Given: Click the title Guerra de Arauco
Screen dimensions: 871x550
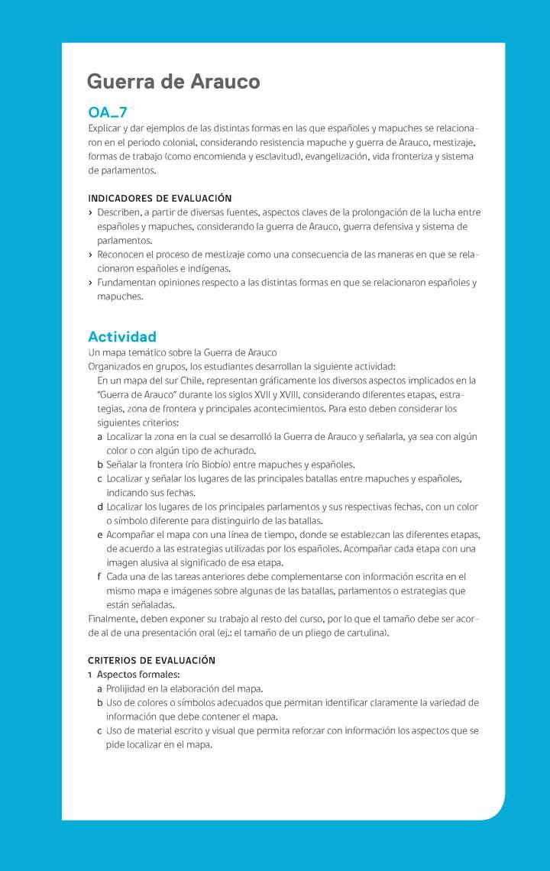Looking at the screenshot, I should coord(173,82).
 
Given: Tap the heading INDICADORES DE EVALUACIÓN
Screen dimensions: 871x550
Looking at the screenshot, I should coord(160,199).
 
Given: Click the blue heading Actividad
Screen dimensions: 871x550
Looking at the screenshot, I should coord(122,336).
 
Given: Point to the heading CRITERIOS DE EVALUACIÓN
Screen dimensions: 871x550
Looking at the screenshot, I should coord(151,660).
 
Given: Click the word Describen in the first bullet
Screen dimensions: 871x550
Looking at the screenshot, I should coord(118,212).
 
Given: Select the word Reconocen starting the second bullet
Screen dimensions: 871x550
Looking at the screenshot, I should coord(121,255).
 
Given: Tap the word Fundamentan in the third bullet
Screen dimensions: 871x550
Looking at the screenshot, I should coord(126,283).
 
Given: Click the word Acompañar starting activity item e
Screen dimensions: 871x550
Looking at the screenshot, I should coord(131,535).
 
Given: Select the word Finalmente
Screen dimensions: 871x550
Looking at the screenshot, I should coord(113,619).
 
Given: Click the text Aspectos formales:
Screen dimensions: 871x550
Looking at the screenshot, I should coord(138,675).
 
